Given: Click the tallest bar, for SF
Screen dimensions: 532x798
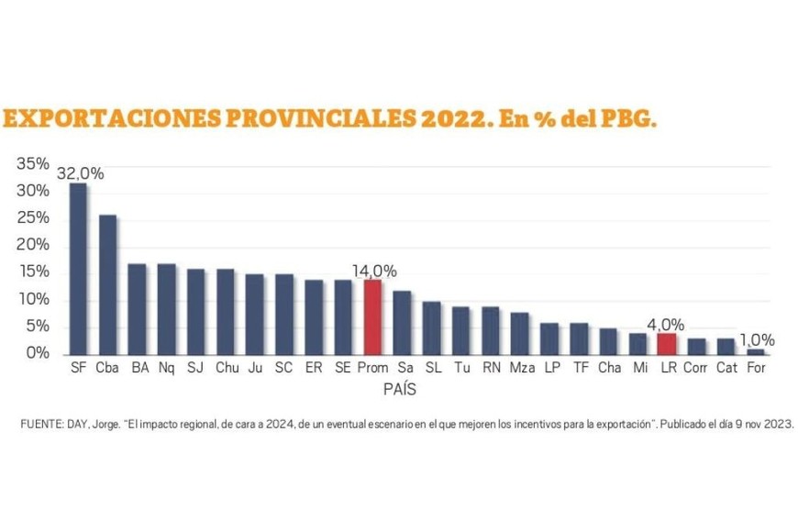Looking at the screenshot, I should point(78,269).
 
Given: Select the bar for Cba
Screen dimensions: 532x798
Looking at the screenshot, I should point(107,284).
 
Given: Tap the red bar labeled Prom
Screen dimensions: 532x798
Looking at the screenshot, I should point(372,317).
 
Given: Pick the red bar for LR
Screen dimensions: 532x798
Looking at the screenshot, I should point(667,344).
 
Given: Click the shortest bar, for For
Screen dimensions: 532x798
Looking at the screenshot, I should point(755,351).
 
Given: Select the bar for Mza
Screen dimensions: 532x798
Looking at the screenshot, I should point(519,333).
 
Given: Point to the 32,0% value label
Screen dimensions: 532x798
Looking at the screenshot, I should point(81,173).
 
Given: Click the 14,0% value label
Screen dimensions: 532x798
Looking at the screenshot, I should point(374,271).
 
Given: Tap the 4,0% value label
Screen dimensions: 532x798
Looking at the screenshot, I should point(667,325).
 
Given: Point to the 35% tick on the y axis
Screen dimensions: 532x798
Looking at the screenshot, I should point(33,164).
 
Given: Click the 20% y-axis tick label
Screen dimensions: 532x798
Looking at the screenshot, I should point(33,245).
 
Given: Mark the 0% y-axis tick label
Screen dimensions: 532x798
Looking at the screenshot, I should point(38,353).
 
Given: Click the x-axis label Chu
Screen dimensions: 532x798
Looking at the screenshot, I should point(226,369).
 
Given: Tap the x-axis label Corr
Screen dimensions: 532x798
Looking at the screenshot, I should point(696,369).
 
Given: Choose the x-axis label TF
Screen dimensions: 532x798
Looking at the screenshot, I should point(580,369).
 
